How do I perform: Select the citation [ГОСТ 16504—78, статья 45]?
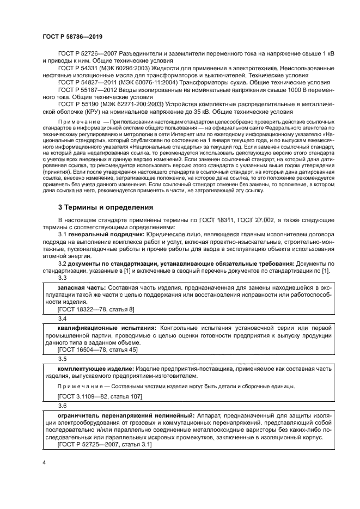(x=97, y=350)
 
